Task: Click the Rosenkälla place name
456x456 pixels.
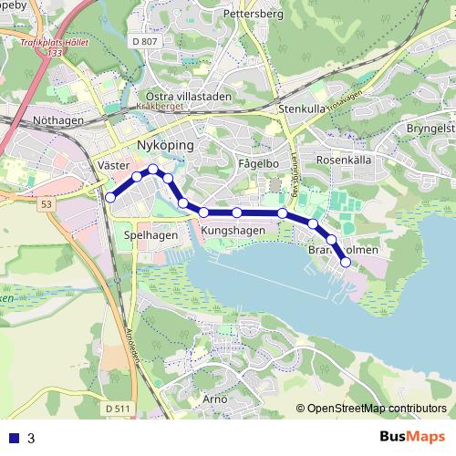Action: point(343,159)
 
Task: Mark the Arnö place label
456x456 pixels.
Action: point(215,399)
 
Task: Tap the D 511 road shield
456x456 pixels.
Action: point(116,409)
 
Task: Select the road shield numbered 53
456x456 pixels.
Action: point(47,204)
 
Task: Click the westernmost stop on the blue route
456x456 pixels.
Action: point(110,197)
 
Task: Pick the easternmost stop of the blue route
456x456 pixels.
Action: point(346,263)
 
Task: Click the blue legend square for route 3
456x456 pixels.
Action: point(12,437)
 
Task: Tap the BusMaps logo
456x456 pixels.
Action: point(411,437)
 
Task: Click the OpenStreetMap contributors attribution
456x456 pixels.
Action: point(377,409)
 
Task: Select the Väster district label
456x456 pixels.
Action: point(109,167)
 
